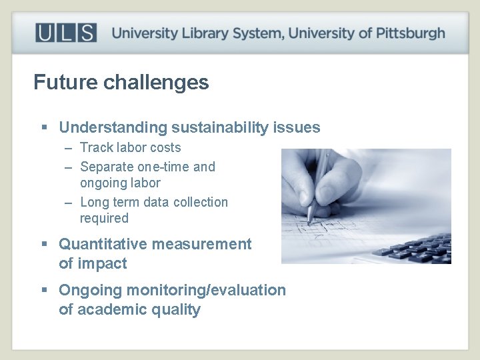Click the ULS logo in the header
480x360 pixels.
click(x=66, y=33)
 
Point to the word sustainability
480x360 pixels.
click(x=220, y=127)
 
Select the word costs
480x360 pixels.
click(x=164, y=148)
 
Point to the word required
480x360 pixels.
click(x=104, y=219)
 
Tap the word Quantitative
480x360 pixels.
click(x=103, y=245)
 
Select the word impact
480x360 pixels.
click(x=103, y=264)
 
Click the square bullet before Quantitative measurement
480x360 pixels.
click(x=45, y=245)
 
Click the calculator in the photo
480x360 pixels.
click(x=413, y=249)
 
